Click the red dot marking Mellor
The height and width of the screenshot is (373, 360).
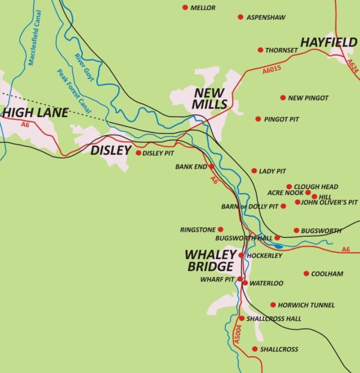185,8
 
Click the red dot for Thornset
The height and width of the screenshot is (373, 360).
260,50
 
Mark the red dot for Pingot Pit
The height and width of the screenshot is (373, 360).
258,119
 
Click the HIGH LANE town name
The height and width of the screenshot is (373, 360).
35,112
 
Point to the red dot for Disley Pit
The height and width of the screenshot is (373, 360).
139,153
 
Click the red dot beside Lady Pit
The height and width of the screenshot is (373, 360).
254,171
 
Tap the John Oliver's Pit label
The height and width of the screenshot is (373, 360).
329,203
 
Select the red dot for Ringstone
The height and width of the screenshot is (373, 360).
220,229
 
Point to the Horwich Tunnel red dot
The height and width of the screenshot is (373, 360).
273,305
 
